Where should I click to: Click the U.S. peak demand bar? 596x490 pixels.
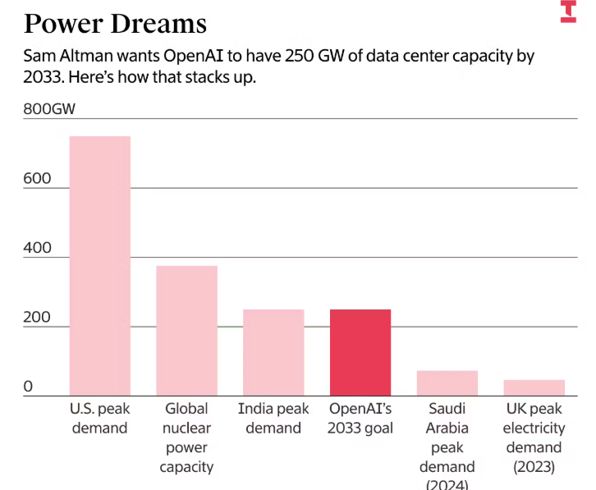pyautogui.click(x=99, y=265)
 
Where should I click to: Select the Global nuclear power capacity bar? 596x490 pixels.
pyautogui.click(x=186, y=330)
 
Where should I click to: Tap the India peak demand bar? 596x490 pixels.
pyautogui.click(x=273, y=352)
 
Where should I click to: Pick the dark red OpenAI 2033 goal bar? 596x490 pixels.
pyautogui.click(x=360, y=352)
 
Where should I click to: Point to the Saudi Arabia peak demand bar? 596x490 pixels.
pyautogui.click(x=447, y=382)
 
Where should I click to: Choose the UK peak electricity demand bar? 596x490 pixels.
pyautogui.click(x=534, y=387)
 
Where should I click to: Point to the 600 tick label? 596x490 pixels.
pyautogui.click(x=37, y=179)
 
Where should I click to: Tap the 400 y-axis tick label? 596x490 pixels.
pyautogui.click(x=37, y=248)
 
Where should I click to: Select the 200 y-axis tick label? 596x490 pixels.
pyautogui.click(x=37, y=318)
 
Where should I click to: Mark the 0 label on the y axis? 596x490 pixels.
pyautogui.click(x=28, y=387)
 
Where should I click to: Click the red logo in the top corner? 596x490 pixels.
pyautogui.click(x=568, y=11)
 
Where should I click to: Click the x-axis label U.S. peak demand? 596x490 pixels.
pyautogui.click(x=99, y=418)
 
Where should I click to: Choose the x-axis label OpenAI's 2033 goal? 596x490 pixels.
pyautogui.click(x=360, y=418)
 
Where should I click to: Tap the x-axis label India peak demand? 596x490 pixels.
pyautogui.click(x=273, y=418)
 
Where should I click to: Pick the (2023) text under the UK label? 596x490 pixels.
pyautogui.click(x=534, y=467)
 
